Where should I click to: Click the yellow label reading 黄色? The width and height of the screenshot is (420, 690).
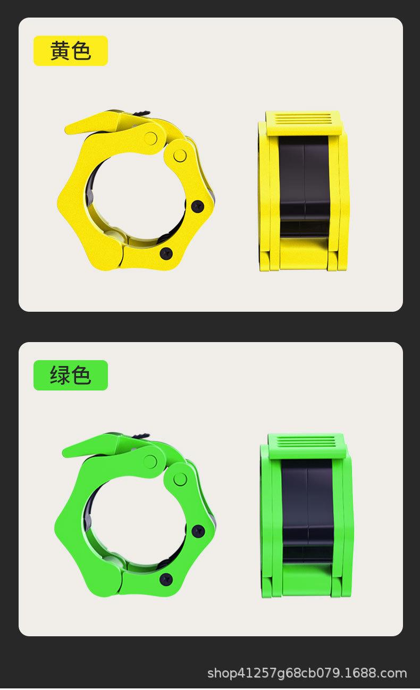[71, 51]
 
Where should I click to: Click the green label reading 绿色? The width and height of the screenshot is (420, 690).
[71, 375]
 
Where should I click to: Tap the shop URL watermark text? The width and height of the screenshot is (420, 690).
[307, 674]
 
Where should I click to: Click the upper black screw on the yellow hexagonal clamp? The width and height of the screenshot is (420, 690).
[198, 206]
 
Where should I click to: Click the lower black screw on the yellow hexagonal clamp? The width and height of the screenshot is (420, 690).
[166, 253]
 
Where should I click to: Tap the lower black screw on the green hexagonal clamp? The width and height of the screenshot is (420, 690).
[166, 579]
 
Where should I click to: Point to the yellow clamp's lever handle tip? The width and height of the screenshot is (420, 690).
[65, 129]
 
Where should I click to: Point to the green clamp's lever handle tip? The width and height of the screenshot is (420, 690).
[63, 451]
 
